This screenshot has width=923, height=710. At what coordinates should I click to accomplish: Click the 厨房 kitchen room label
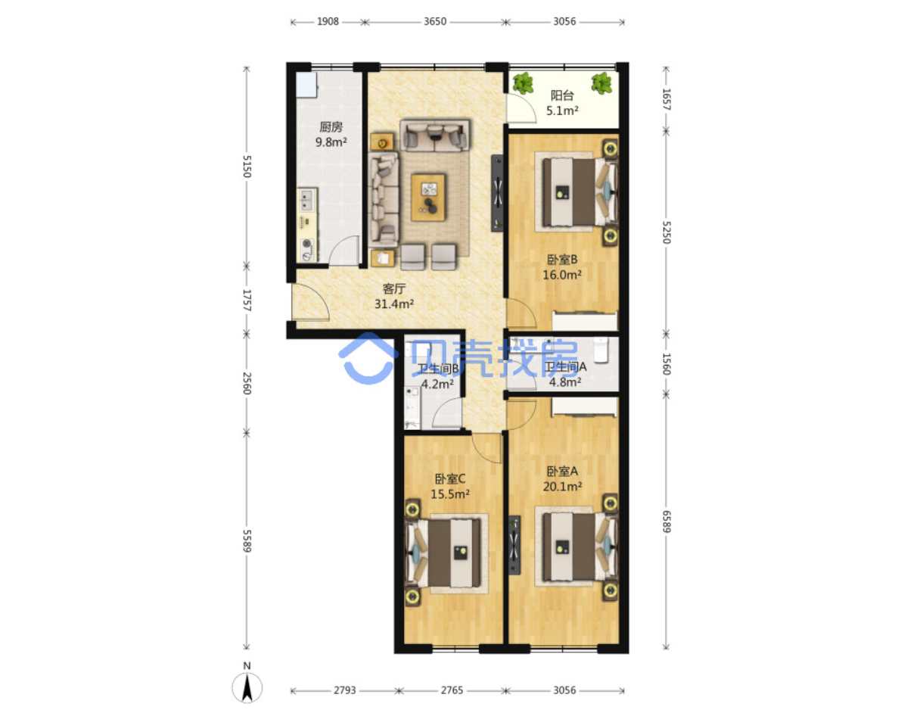click(x=331, y=126)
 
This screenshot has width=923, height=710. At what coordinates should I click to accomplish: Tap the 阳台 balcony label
click(x=561, y=95)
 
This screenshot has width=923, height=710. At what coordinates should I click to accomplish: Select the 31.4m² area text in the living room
click(x=393, y=304)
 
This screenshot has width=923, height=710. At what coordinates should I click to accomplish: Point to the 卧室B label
click(x=561, y=259)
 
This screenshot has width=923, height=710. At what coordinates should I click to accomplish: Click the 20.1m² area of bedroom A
click(x=562, y=486)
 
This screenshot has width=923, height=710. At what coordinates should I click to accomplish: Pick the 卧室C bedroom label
click(x=450, y=479)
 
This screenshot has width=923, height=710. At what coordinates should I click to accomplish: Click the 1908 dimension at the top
click(x=328, y=21)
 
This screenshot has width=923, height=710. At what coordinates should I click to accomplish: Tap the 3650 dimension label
click(x=435, y=21)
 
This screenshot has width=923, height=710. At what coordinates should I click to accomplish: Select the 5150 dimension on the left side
click(x=247, y=166)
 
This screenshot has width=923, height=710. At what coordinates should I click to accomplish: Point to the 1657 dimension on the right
click(x=666, y=99)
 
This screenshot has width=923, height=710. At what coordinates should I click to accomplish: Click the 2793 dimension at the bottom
click(x=344, y=690)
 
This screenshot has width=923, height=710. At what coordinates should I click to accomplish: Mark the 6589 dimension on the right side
click(x=666, y=522)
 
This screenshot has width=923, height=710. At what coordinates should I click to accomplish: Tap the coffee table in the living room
click(x=428, y=197)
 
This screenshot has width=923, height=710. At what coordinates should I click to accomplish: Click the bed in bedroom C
click(x=444, y=553)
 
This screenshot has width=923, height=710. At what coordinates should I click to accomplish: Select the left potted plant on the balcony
click(x=523, y=83)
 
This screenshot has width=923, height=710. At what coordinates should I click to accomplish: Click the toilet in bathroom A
click(x=601, y=350)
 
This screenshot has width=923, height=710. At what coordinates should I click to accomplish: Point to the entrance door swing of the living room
click(x=310, y=302)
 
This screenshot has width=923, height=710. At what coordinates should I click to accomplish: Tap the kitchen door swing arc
click(x=344, y=251)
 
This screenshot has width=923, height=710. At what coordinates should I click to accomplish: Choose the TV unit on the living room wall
click(x=497, y=193)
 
